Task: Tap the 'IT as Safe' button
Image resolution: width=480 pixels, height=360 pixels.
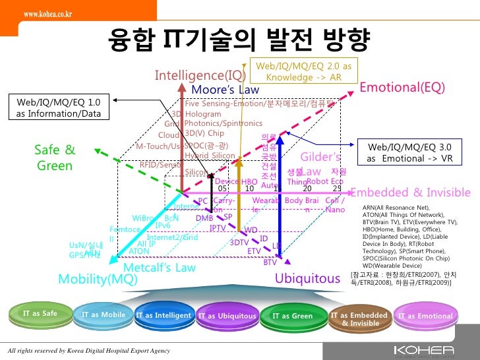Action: coord(40,314)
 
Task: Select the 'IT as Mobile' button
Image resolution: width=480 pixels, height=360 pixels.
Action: coord(104,315)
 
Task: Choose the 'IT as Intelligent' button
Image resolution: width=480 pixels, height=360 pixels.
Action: coord(163,316)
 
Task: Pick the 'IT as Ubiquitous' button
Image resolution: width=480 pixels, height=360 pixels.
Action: coord(227,316)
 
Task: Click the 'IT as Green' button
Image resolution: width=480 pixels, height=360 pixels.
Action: coord(293,316)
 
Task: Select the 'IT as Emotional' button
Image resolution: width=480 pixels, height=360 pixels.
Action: coord(425,316)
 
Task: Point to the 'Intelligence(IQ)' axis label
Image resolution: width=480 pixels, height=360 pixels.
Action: coord(200,76)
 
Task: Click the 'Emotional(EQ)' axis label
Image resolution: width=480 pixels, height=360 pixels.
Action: coord(402,88)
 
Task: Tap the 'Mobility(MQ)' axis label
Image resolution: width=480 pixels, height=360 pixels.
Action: coord(98,279)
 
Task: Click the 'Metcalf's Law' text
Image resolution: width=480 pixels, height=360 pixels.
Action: coord(160,267)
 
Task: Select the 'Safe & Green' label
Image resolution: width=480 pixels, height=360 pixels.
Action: coord(55,158)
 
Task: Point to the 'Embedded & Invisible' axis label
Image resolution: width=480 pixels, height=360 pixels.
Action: coord(410,193)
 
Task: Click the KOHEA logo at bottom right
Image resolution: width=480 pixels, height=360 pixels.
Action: coord(432,349)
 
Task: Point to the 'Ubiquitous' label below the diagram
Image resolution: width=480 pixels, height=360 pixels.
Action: coord(307,279)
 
